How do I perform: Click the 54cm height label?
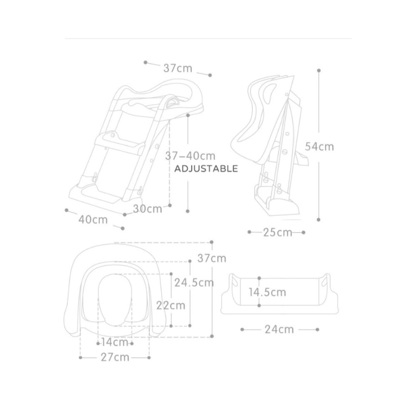coord(319,147)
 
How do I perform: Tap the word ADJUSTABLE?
coord(206,169)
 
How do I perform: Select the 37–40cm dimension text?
coord(190,156)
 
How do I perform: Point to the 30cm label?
coord(148,209)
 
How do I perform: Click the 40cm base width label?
coord(93,220)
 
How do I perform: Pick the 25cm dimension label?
coord(277,233)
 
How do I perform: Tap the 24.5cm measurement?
coord(194,283)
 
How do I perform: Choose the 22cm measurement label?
coord(171,305)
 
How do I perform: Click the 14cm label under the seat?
coord(115,342)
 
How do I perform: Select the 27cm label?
coord(115,358)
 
